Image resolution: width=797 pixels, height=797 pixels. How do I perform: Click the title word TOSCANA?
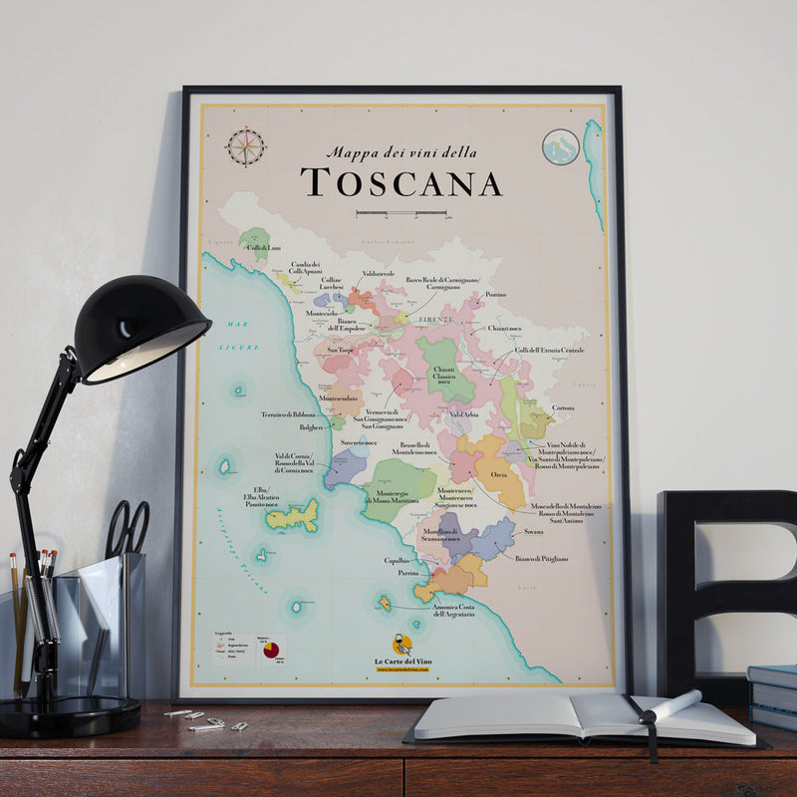(400, 183)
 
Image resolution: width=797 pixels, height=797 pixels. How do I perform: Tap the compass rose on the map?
(245, 146)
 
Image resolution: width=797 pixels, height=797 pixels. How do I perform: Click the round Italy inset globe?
(561, 147)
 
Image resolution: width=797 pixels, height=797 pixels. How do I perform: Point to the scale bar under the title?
(400, 213)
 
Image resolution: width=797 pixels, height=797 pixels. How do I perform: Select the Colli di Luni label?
(263, 247)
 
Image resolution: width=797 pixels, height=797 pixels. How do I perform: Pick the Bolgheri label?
(312, 425)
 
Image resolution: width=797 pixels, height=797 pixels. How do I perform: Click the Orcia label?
(498, 474)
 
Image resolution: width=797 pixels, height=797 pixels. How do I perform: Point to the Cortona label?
(563, 407)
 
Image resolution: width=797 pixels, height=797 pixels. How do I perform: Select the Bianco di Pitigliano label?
(542, 559)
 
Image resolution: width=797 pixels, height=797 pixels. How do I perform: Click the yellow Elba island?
(293, 515)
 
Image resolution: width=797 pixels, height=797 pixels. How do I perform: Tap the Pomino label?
(495, 295)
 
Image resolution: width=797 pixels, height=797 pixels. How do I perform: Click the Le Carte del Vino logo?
(401, 650)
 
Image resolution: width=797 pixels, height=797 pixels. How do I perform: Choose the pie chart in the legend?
(270, 650)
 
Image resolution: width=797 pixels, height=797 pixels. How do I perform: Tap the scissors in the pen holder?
(128, 528)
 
